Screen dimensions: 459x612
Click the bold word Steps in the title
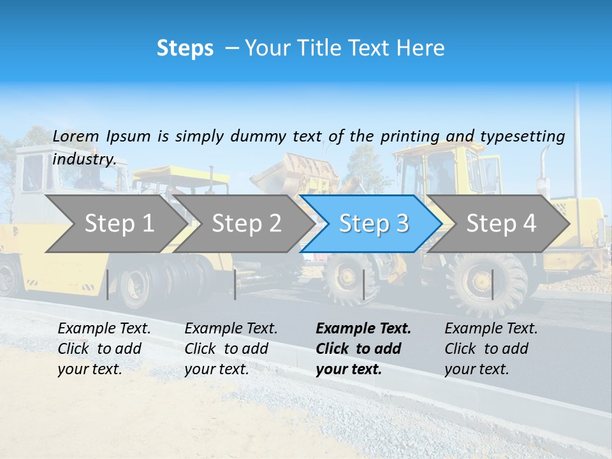coord(185,48)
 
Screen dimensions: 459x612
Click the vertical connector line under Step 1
coord(108,284)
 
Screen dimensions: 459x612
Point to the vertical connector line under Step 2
coord(235,284)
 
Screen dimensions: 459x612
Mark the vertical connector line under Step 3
coord(363,284)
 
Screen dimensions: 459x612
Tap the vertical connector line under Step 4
coord(492,284)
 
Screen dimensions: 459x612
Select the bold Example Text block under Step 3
coord(363,349)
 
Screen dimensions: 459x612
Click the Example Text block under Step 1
coord(104,349)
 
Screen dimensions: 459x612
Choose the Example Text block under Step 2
coord(231,349)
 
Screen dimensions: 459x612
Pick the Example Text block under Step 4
coord(491,349)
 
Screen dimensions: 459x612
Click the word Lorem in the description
coord(76,136)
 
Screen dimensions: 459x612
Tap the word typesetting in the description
coord(522,136)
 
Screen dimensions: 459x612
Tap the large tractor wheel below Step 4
coord(486,284)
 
